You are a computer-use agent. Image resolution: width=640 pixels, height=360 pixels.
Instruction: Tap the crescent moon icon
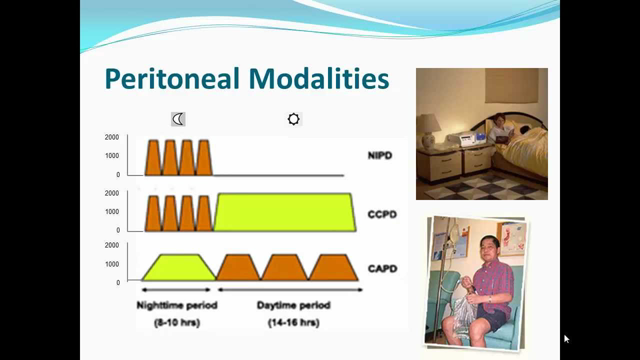point(178,119)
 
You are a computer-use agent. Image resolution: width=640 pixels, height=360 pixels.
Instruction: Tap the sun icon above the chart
point(293,119)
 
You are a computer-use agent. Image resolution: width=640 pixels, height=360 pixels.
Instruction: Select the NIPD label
point(382,157)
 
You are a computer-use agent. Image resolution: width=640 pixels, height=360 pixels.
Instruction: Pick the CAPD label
point(382,267)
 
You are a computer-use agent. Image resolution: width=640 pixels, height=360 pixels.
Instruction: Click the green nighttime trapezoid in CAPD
point(179,267)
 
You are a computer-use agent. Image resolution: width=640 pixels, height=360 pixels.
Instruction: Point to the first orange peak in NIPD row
point(153,159)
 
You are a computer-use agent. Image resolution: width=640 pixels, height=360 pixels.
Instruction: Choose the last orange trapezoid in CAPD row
point(331,267)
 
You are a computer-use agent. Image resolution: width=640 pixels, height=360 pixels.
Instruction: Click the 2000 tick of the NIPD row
point(111,137)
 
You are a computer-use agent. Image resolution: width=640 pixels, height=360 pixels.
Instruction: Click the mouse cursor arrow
point(566,339)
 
